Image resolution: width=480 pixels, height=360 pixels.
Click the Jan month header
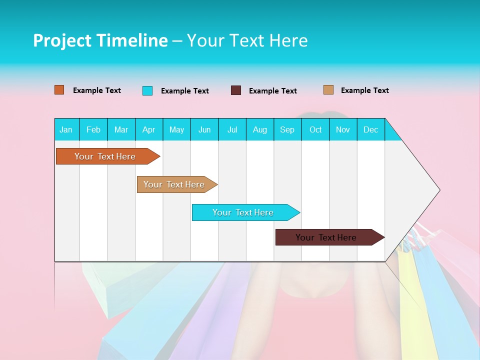click(66, 129)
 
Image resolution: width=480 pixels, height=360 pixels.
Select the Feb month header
click(93, 129)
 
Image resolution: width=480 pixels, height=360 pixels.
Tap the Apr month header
click(148, 129)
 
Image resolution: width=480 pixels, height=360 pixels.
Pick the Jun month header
click(204, 129)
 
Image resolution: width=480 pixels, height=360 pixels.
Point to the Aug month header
click(260, 129)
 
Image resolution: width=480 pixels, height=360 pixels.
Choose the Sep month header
click(287, 129)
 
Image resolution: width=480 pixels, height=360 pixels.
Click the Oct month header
click(315, 129)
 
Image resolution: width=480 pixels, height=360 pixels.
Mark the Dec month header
click(370, 129)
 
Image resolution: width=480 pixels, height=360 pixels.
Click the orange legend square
click(59, 90)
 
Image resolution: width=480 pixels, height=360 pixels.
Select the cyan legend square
click(147, 90)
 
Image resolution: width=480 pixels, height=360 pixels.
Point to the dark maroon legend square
click(236, 90)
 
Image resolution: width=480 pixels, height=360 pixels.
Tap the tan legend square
click(328, 90)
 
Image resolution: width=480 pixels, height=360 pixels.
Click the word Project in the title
click(62, 40)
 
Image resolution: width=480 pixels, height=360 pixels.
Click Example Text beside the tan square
click(364, 90)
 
